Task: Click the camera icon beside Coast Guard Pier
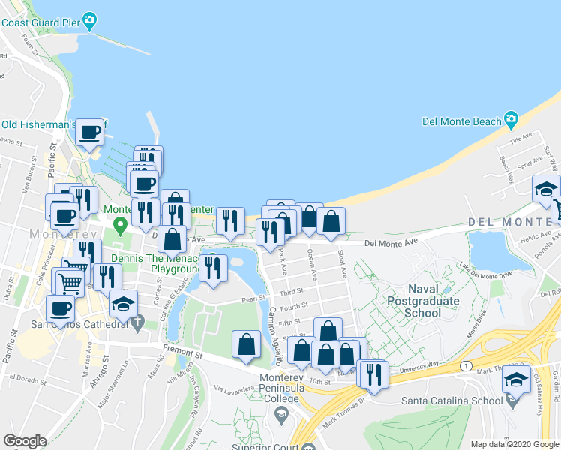pyautogui.click(x=90, y=20)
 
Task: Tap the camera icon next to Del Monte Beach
pyautogui.click(x=511, y=119)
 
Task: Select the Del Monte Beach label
pyautogui.click(x=459, y=120)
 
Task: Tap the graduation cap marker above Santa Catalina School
pyautogui.click(x=516, y=381)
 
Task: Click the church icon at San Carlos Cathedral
pyautogui.click(x=136, y=324)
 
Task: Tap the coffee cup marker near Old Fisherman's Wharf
pyautogui.click(x=90, y=133)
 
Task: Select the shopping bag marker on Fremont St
pyautogui.click(x=247, y=346)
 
